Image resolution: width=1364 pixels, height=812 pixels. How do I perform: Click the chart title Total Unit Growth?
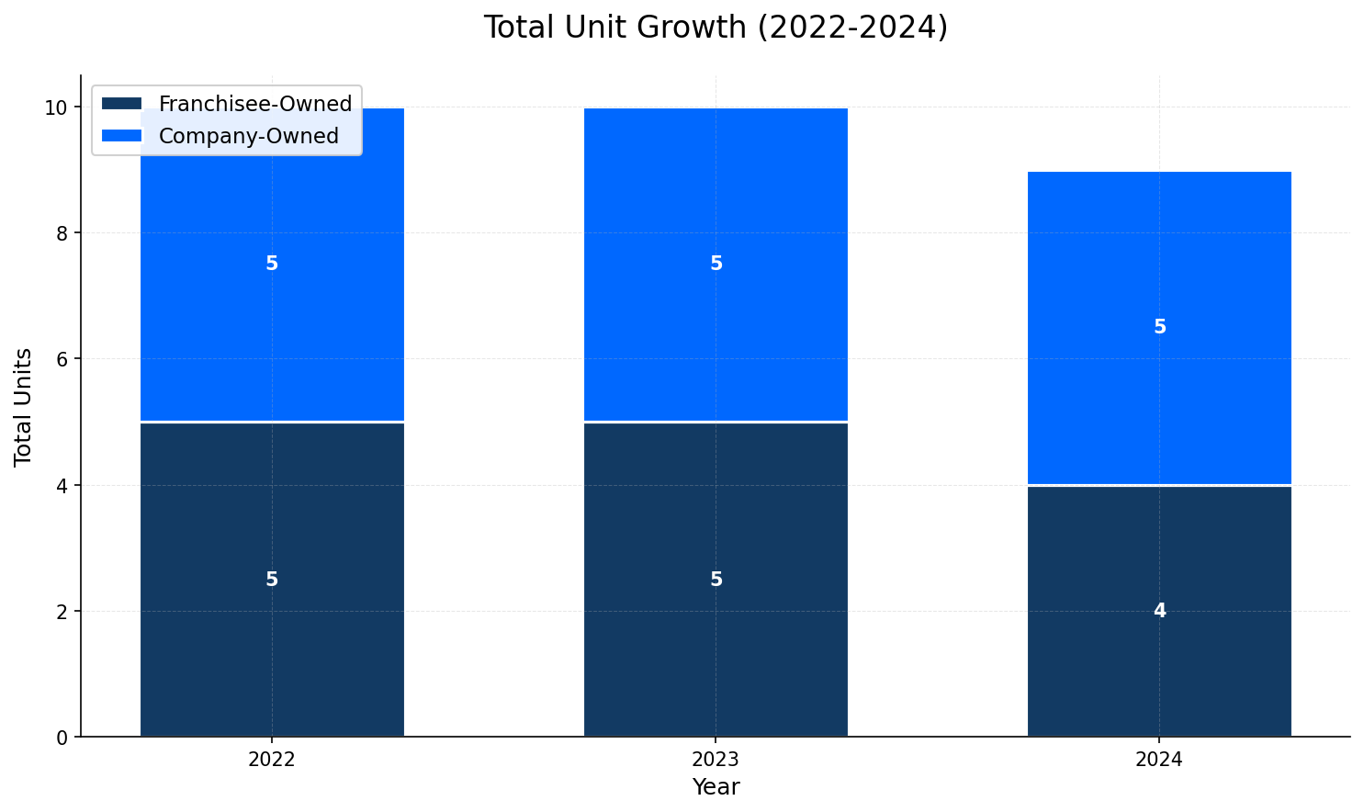(716, 28)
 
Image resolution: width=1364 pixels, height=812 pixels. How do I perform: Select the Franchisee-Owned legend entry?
(254, 104)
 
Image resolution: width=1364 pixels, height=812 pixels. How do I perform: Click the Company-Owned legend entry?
(248, 136)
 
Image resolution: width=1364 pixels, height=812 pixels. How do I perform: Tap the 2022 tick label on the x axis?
(272, 761)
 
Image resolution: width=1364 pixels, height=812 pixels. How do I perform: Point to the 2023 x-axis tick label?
(716, 761)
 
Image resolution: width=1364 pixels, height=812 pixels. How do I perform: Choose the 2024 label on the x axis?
(1159, 761)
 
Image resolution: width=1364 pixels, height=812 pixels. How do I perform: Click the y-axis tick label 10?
(57, 107)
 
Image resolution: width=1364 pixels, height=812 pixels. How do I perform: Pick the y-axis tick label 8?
(62, 233)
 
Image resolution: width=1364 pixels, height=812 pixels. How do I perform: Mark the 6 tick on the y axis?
(62, 359)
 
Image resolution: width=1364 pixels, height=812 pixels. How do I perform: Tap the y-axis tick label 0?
(62, 738)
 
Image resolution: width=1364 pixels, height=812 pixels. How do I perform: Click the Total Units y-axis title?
(24, 407)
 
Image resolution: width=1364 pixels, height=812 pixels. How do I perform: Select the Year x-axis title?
(716, 787)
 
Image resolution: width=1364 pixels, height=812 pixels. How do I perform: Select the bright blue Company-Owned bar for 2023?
(716, 331)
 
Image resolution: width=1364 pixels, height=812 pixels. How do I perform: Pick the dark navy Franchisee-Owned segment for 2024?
(1159, 671)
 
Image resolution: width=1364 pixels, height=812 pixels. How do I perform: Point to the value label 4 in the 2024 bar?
(1159, 611)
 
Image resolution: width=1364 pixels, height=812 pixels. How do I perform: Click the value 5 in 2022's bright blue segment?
(272, 264)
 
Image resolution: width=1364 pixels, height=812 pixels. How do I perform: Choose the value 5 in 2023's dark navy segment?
(716, 580)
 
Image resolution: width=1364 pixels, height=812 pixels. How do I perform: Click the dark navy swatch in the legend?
(121, 104)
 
